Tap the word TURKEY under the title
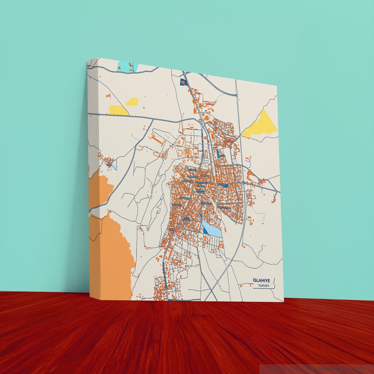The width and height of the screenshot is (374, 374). (264, 286)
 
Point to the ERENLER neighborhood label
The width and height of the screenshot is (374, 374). (192, 170)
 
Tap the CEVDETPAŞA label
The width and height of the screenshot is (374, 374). (206, 204)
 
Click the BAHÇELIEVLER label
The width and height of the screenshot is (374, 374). (223, 208)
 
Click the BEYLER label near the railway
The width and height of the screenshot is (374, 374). (222, 156)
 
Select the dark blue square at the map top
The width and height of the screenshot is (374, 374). (184, 82)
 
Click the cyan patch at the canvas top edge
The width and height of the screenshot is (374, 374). (127, 66)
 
